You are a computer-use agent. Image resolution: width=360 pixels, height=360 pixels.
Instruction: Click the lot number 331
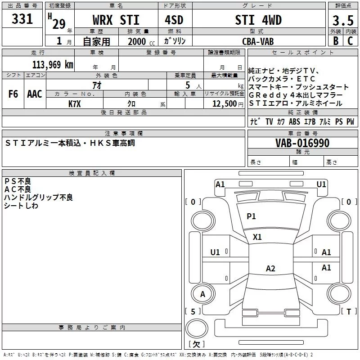(x=22, y=18)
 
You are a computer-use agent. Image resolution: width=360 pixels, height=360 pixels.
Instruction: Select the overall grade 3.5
(x=343, y=20)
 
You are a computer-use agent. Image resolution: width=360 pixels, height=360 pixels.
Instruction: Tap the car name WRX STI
(x=116, y=20)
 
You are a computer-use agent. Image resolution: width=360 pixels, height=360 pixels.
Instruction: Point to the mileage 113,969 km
(x=53, y=65)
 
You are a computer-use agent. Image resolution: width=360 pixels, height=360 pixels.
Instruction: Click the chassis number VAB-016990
(x=302, y=143)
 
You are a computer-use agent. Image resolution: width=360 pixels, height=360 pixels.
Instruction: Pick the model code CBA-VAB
(x=258, y=41)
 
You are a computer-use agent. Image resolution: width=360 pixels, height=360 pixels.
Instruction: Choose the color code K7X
(x=75, y=104)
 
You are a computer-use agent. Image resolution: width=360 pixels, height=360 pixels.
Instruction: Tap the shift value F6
(x=13, y=94)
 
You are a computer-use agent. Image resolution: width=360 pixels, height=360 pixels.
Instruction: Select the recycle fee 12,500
(x=225, y=104)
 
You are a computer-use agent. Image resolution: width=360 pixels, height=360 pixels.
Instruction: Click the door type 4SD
(x=174, y=20)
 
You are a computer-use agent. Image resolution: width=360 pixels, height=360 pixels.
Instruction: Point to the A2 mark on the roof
(x=270, y=268)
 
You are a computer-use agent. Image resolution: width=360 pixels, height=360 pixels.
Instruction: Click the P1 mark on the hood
(x=251, y=216)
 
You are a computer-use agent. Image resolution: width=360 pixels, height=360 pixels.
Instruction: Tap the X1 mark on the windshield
(x=257, y=237)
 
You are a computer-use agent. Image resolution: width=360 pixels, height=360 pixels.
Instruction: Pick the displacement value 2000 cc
(x=141, y=42)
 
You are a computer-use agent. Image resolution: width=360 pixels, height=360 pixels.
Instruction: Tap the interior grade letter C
(x=350, y=41)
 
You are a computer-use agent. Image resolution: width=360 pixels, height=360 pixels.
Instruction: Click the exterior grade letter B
(x=336, y=41)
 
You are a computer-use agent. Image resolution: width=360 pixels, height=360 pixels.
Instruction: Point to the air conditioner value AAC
(x=35, y=94)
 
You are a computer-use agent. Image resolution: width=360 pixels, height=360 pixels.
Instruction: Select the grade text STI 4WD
(x=258, y=20)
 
